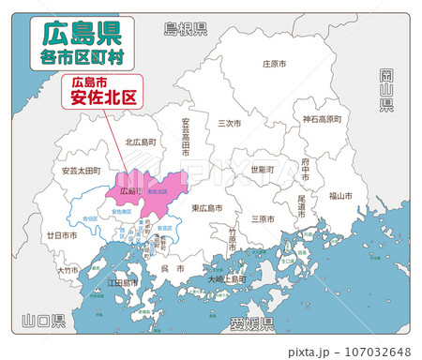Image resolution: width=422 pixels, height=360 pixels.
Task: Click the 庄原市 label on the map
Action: click(274, 65)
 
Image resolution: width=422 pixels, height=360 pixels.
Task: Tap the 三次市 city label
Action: click(230, 123)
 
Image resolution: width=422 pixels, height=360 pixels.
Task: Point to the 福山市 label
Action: click(340, 196)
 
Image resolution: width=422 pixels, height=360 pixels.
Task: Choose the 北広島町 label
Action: click(141, 142)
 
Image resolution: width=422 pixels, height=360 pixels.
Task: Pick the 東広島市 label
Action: click(206, 208)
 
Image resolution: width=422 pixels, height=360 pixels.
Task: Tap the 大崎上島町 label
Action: click(228, 278)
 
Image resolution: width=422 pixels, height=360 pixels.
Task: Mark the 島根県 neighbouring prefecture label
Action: click(185, 28)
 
